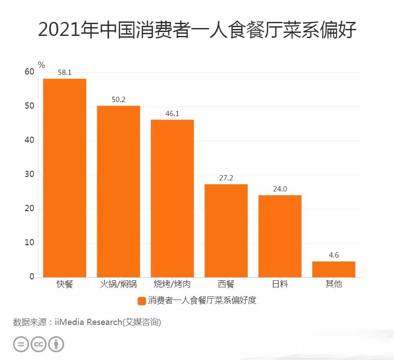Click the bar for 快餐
tap(64, 177)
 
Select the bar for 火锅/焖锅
tap(118, 191)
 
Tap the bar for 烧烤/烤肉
tap(172, 198)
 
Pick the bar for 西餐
tap(226, 230)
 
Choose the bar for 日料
tap(280, 236)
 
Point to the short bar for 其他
tap(334, 269)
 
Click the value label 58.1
tap(64, 73)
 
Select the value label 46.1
tap(172, 113)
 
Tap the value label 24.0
tap(280, 189)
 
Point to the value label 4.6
tap(334, 255)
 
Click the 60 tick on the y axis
tap(29, 72)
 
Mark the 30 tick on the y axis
tap(29, 175)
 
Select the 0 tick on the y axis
tap(32, 277)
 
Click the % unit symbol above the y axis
tap(41, 65)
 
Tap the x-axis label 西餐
tap(226, 284)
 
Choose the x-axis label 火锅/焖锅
tap(118, 284)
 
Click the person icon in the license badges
tap(56, 344)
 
